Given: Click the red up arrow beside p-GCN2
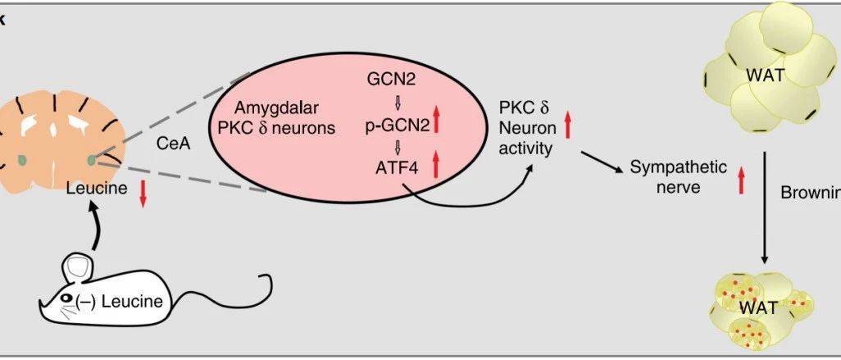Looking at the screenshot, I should (437, 122).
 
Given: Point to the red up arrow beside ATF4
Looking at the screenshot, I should (435, 165).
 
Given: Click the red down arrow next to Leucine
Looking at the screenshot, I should (142, 194).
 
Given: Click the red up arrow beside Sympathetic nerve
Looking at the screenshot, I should (741, 180).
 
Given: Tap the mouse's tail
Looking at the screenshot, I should (238, 295).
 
